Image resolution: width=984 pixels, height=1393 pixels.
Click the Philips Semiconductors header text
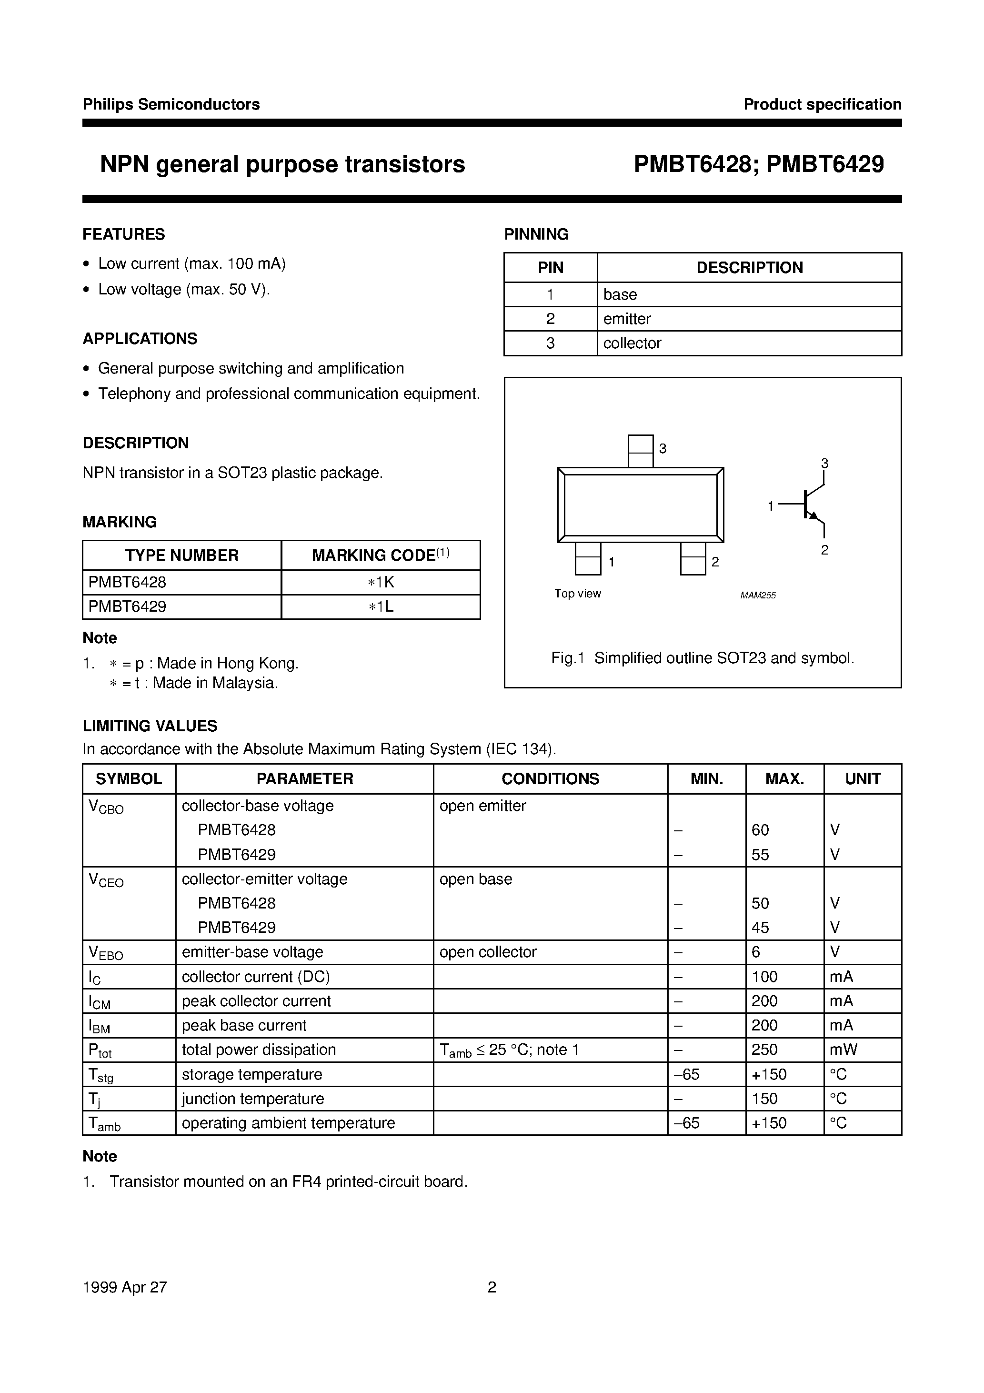(171, 104)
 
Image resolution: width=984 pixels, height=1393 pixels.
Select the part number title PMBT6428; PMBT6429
(758, 164)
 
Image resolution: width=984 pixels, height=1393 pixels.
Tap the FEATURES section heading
(124, 234)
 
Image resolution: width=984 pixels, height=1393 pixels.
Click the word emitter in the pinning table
(627, 319)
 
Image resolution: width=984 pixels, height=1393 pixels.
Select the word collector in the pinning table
(632, 343)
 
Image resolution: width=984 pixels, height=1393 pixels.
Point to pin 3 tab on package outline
(640, 451)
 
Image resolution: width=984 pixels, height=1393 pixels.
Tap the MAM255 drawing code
(758, 595)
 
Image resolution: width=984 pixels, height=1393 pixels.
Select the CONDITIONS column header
(550, 778)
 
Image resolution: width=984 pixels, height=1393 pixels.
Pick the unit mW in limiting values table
(843, 1050)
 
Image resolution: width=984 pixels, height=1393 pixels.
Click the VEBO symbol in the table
(106, 953)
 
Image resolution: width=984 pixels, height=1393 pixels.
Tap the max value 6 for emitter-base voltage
(756, 952)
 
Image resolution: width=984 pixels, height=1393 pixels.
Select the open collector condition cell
(488, 952)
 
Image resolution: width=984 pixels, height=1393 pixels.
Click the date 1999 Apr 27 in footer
(124, 1287)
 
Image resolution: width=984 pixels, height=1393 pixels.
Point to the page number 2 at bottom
(492, 1287)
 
